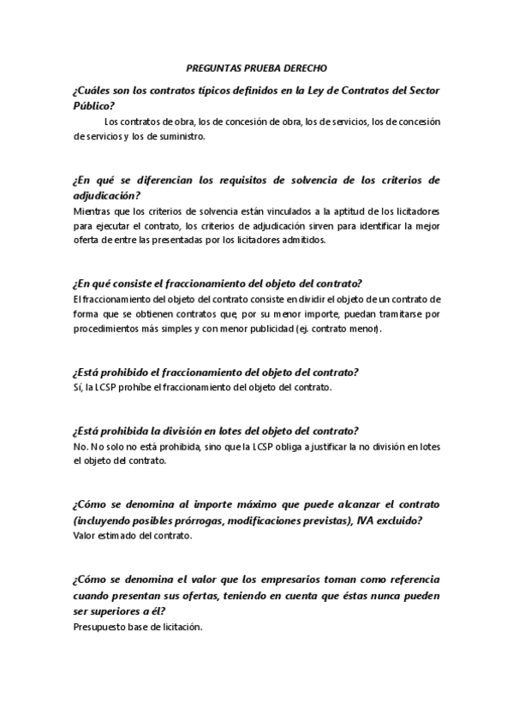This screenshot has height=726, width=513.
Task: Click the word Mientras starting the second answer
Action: coord(92,211)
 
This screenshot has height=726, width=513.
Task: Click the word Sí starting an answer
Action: coord(78,388)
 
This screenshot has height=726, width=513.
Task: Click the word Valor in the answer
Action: coord(86,536)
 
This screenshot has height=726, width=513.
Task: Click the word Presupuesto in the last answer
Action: coord(102,626)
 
